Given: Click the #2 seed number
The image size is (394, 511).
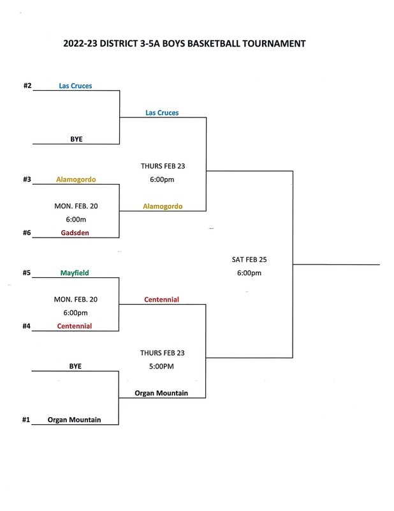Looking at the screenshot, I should click(27, 86).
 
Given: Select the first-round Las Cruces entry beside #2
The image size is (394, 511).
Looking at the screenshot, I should click(75, 86).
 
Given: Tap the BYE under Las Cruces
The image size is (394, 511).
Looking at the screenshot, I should click(76, 139).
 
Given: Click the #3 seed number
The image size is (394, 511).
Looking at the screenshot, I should click(27, 179).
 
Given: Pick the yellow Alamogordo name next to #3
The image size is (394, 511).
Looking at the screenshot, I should click(76, 179).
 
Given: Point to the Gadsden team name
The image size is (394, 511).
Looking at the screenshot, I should click(76, 233).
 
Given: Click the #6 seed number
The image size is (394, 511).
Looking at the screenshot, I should click(27, 233).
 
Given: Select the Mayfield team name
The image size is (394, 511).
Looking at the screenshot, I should click(76, 273).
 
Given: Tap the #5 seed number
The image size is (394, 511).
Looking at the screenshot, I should click(27, 273).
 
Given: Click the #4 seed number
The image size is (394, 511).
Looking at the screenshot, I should click(27, 326).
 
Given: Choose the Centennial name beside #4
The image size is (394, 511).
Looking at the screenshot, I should click(75, 326).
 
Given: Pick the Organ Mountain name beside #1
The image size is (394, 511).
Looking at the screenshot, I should click(75, 420).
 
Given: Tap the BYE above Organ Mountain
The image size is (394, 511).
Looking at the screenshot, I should click(76, 366).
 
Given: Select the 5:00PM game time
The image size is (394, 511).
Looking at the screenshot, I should click(162, 367).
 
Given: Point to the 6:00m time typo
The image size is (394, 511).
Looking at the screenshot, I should click(76, 220).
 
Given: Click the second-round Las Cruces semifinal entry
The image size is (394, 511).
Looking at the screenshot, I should click(162, 112).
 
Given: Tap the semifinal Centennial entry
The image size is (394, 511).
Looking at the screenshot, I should click(162, 299).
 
